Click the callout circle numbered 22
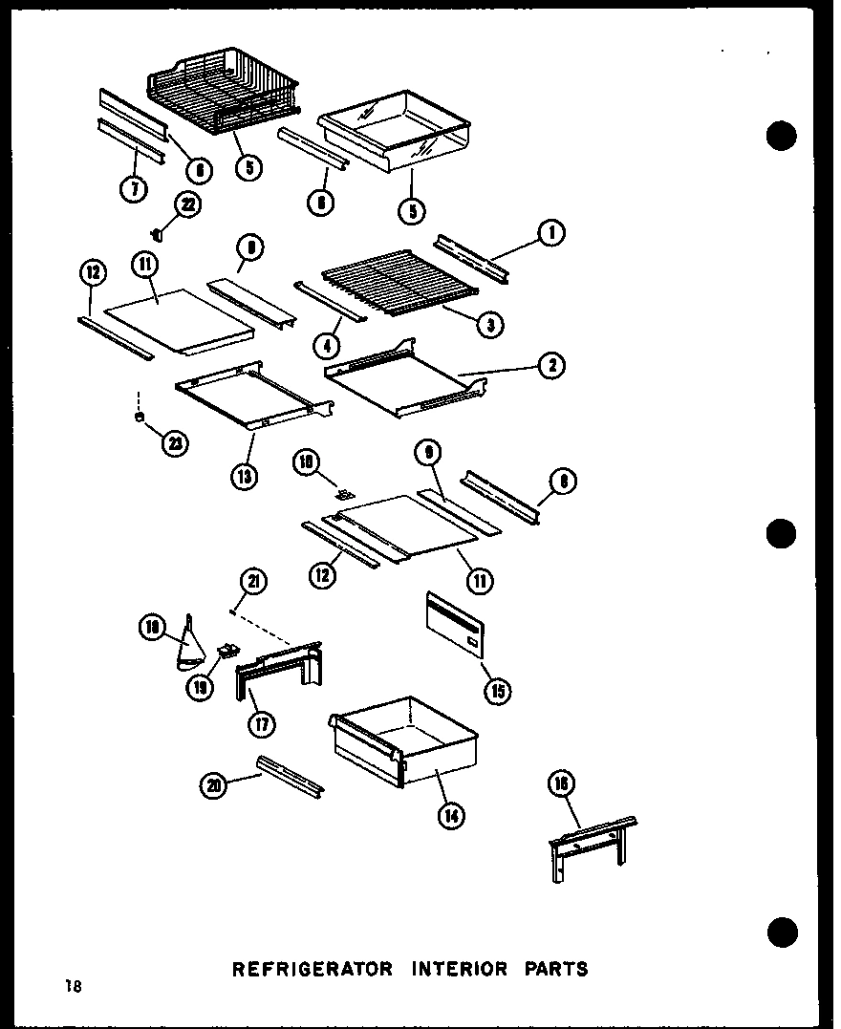[187, 206]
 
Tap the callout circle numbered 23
[175, 442]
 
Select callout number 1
[551, 232]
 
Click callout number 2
[551, 364]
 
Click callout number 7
[134, 188]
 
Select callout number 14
[452, 815]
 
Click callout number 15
[497, 691]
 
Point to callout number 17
[260, 723]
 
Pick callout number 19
[200, 688]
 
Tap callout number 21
[254, 582]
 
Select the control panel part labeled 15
[456, 625]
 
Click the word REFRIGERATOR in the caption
[313, 969]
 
